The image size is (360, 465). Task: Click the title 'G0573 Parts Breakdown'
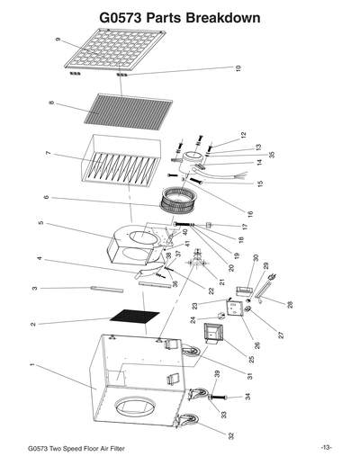click(x=180, y=17)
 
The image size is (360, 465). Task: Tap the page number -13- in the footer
click(x=325, y=448)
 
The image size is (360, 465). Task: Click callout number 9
click(x=57, y=40)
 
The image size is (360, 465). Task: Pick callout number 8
click(x=51, y=104)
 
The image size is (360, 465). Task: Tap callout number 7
click(x=47, y=155)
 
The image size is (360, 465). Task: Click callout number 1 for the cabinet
click(x=32, y=365)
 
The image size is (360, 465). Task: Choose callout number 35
click(x=245, y=155)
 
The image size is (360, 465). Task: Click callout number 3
click(x=33, y=288)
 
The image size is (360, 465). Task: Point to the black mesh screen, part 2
click(x=134, y=318)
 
